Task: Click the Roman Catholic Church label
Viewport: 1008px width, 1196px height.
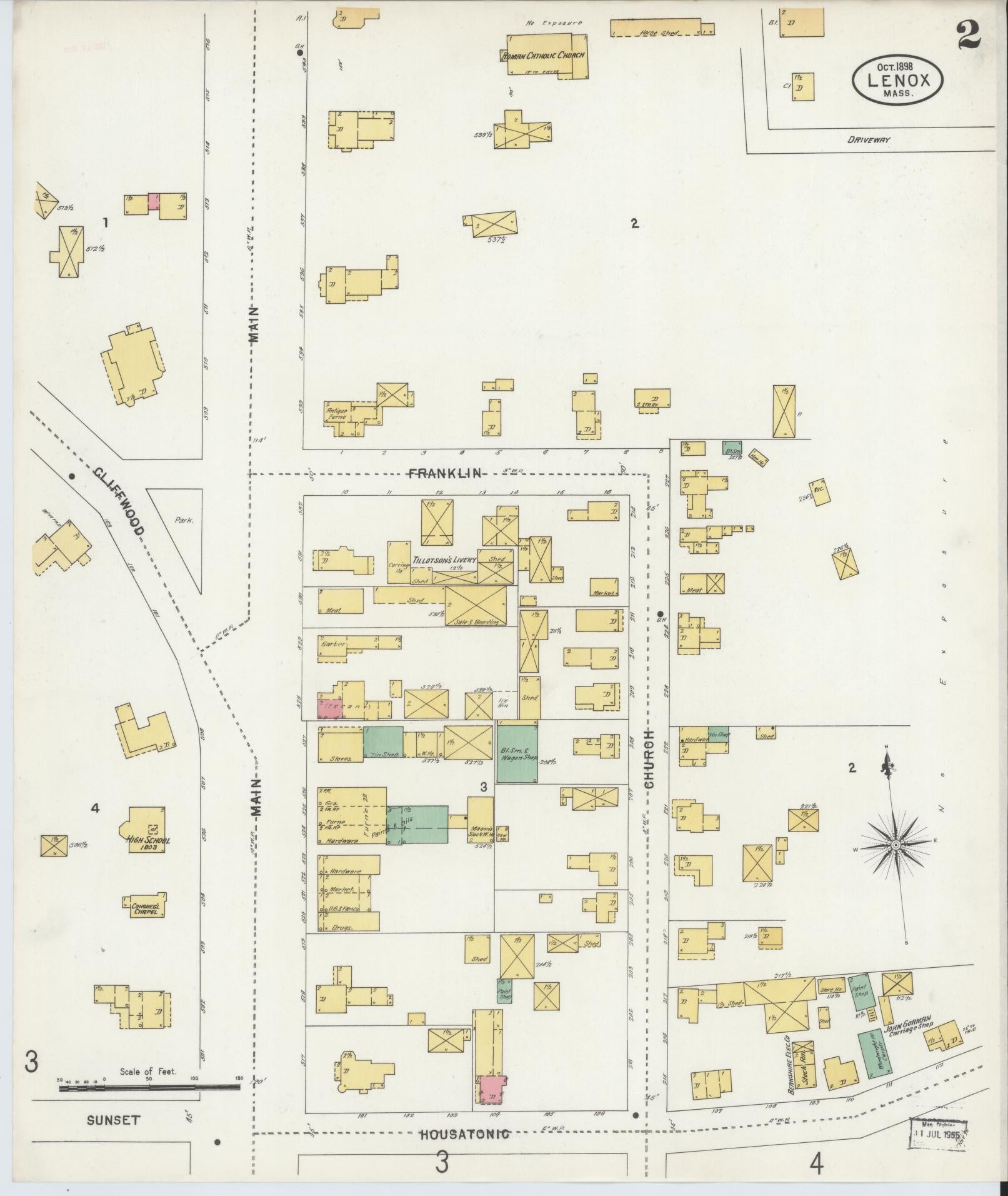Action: (544, 56)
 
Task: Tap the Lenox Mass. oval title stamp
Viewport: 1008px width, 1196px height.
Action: (897, 80)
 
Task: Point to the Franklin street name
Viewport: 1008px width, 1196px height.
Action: (445, 473)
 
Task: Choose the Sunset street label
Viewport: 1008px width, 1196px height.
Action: (113, 1120)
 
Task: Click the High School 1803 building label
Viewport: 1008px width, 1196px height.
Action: (147, 840)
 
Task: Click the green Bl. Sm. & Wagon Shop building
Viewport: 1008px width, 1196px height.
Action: (517, 753)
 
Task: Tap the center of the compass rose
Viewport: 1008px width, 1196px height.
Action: (895, 845)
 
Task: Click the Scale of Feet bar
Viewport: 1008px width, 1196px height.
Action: (150, 1087)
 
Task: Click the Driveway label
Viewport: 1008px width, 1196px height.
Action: (868, 140)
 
